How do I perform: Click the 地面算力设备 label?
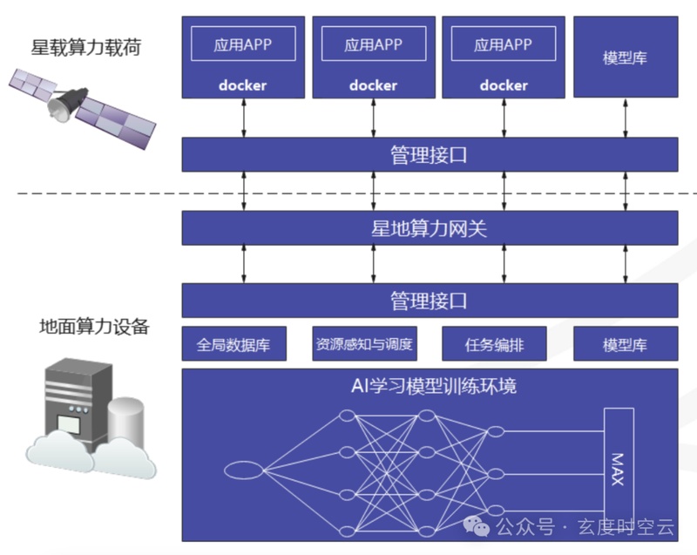(x=94, y=328)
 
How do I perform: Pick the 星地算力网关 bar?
(x=429, y=228)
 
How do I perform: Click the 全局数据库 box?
(x=233, y=344)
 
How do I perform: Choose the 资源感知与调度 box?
(x=363, y=344)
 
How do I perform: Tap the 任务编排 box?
(x=494, y=344)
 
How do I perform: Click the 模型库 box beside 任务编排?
(x=625, y=344)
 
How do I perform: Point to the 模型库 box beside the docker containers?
(x=625, y=58)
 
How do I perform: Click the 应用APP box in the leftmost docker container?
(x=242, y=44)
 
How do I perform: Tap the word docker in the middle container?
(x=373, y=85)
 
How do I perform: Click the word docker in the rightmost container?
(x=504, y=85)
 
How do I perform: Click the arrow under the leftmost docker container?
(x=244, y=117)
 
